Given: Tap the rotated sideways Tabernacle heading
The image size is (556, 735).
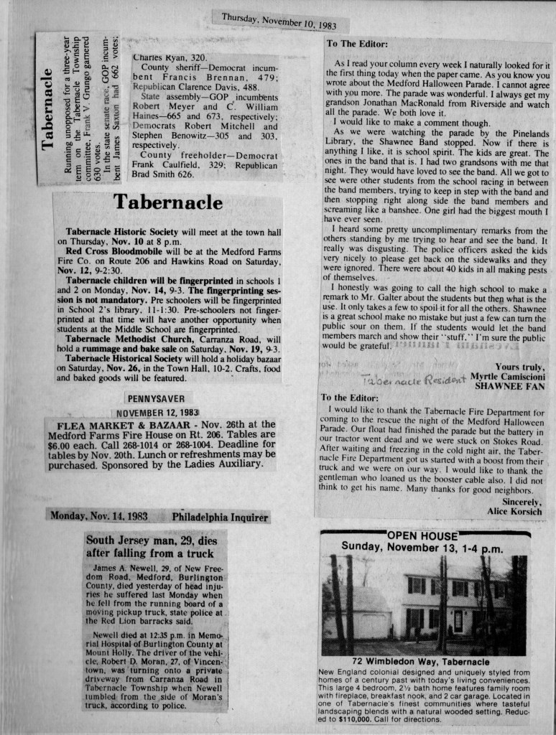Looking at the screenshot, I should pos(48,108).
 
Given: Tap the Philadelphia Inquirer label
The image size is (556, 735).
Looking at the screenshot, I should pos(220,517).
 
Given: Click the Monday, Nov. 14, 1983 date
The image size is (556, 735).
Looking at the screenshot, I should pos(99,516).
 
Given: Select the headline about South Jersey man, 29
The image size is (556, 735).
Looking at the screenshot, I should pos(150,546).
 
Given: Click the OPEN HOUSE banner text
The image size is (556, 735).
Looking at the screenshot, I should pos(422,535).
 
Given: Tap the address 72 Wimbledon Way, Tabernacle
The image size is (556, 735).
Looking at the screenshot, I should pos(421,661).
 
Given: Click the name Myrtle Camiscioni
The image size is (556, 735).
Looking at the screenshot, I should pos(509,376).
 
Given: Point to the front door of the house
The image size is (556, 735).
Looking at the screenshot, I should pos(458,620).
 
